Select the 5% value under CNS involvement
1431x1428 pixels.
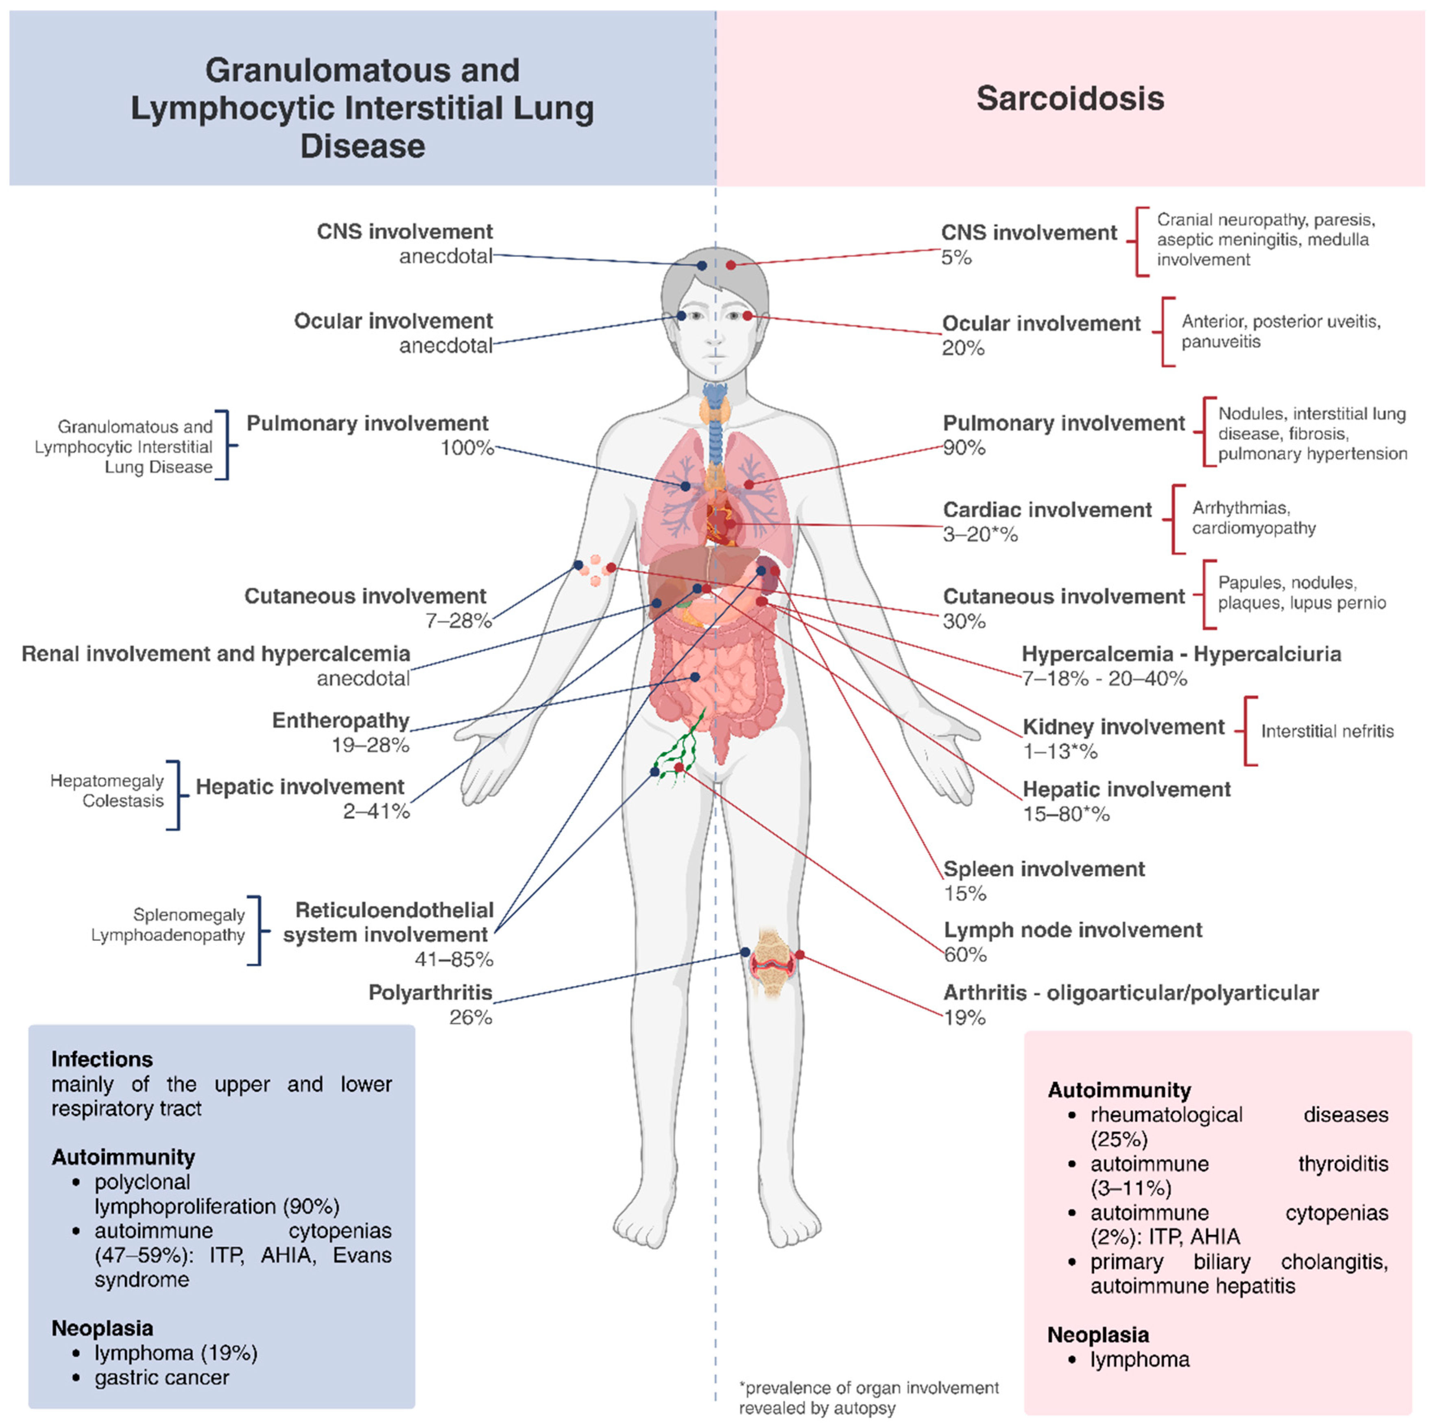[956, 258]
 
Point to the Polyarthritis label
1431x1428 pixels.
[430, 992]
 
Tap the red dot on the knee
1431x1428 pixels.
[799, 955]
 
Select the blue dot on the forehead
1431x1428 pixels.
[701, 265]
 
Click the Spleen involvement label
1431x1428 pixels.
[1044, 869]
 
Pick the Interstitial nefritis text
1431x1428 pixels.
[1326, 731]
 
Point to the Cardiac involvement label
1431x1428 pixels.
[1047, 510]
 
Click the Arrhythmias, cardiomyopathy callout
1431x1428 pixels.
[1253, 518]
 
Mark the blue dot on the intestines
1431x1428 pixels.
[695, 677]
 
